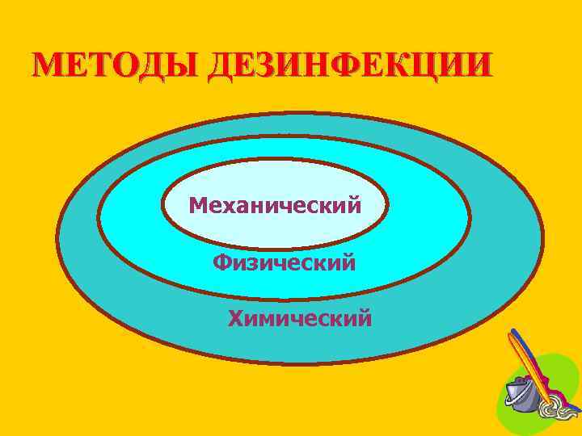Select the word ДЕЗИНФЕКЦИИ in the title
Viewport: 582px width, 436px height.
[348, 65]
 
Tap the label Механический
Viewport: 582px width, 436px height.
[275, 205]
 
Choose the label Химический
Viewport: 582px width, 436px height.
[300, 319]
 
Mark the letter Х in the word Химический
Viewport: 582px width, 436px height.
[236, 319]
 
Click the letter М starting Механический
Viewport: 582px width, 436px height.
[198, 205]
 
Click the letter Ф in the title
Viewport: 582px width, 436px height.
[351, 65]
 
